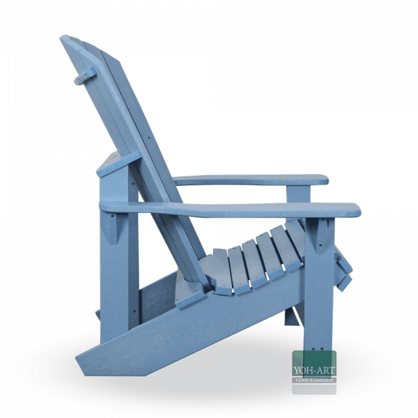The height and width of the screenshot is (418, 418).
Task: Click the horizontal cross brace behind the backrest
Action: pyautogui.click(x=111, y=167)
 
